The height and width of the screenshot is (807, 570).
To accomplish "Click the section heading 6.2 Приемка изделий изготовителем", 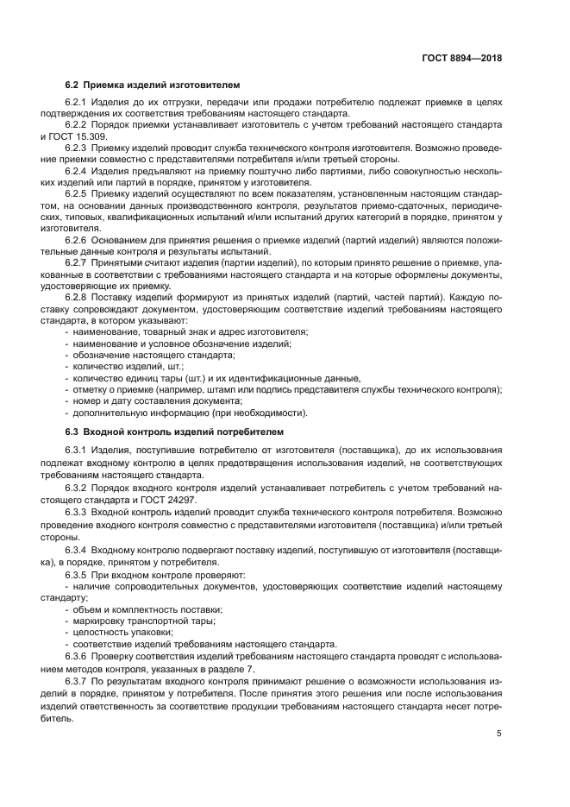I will point(153,85).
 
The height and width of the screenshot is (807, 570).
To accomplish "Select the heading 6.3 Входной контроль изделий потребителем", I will point(173,431).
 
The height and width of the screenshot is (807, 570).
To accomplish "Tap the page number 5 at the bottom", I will point(499,734).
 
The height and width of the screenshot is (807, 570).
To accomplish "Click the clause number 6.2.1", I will point(79,104).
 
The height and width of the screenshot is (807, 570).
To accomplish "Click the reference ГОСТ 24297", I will point(179,498).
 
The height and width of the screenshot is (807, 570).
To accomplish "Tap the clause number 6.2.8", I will point(79,298).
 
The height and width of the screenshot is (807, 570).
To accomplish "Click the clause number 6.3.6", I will point(79,655).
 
